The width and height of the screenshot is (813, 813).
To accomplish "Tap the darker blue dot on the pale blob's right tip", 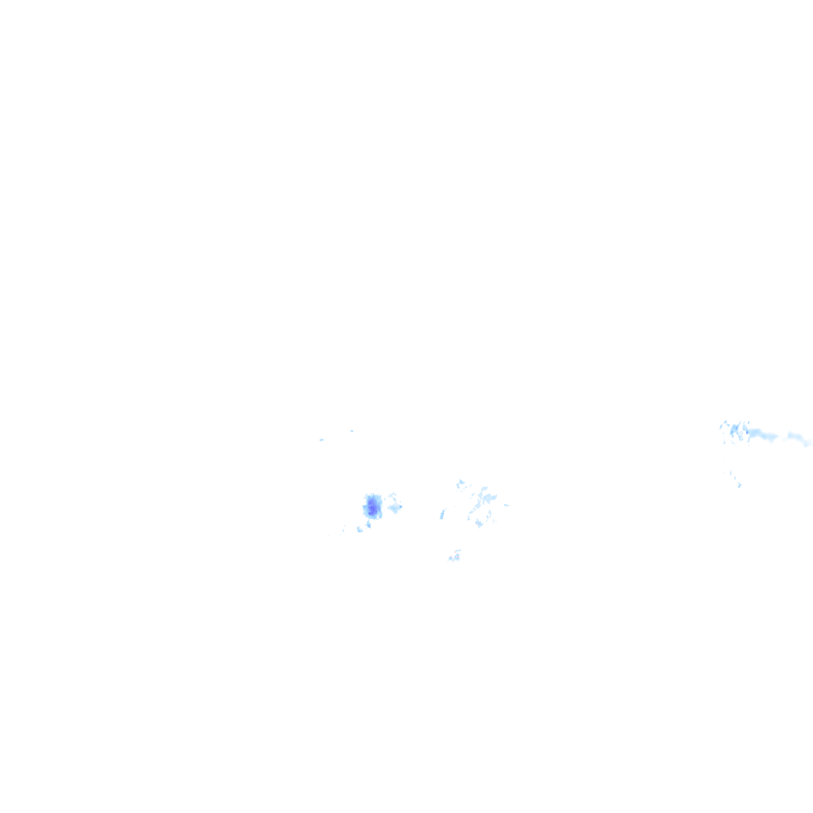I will [x=400, y=507].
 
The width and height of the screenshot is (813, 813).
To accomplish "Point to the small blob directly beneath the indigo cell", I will [x=368, y=524].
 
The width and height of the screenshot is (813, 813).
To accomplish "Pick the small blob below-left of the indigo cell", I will [x=359, y=529].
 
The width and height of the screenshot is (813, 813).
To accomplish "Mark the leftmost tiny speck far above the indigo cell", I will [x=322, y=439].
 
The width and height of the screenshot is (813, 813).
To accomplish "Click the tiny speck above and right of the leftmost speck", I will [x=352, y=430].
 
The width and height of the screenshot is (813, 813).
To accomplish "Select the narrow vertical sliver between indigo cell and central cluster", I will [x=442, y=514].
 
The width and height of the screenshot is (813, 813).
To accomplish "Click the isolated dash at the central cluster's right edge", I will [x=506, y=505].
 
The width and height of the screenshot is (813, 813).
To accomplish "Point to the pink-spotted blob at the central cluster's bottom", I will [x=479, y=522].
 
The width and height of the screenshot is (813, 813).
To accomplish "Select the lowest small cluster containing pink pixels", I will [x=455, y=557].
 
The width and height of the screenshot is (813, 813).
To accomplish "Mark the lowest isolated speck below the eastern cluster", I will [x=739, y=485].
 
